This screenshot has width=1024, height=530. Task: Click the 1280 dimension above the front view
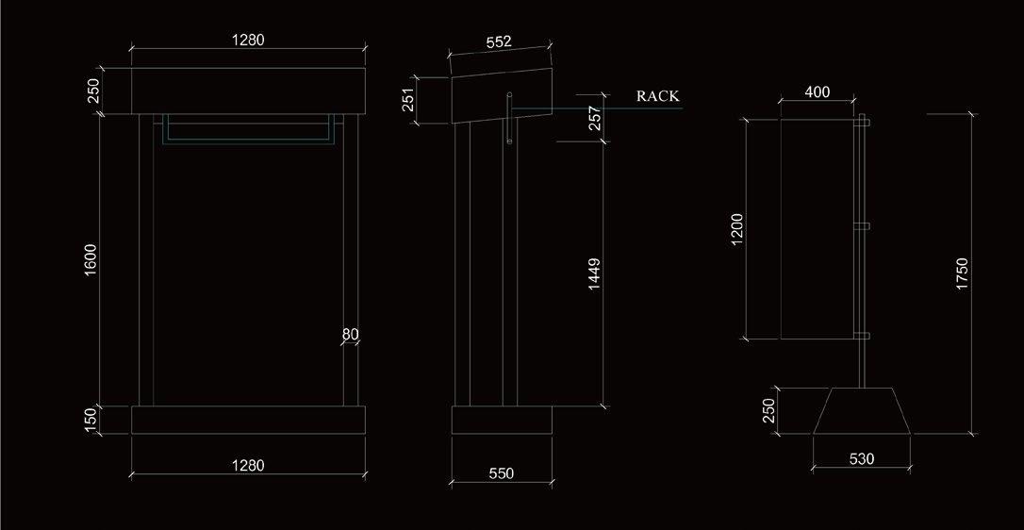point(248,40)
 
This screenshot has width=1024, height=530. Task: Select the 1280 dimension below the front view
point(248,464)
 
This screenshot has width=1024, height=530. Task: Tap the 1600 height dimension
point(91,261)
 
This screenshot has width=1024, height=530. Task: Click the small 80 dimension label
point(350,334)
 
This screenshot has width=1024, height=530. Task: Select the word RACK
point(657,96)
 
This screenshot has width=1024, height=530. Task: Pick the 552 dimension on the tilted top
point(499,42)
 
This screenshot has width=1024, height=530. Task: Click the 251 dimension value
point(408,100)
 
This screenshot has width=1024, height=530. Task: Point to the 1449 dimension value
point(594,273)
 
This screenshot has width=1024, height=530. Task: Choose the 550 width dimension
point(502,473)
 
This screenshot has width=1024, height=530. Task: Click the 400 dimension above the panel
point(818,92)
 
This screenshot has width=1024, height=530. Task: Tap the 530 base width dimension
point(861,459)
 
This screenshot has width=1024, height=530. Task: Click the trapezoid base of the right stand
point(862,411)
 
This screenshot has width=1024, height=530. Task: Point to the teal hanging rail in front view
point(248,141)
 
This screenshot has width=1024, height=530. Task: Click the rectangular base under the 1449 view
point(502,420)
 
